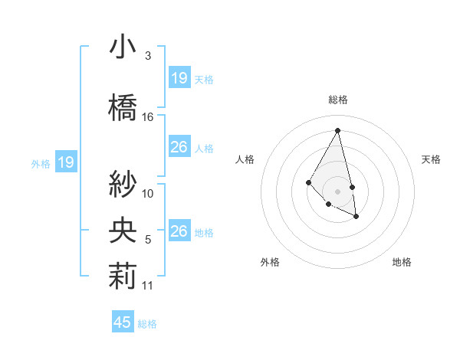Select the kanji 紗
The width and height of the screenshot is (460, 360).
coord(122,184)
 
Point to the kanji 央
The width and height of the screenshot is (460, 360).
coord(122,231)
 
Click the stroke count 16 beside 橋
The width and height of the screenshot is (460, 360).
coord(148,117)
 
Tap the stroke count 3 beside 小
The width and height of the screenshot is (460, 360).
coord(148,56)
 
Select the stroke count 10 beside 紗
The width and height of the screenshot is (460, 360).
coord(148,194)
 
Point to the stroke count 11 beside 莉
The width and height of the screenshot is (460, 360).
coord(148,286)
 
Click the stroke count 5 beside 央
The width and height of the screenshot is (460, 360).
coord(148,240)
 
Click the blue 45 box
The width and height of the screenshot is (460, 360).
coord(123,322)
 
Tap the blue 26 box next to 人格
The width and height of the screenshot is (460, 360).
coord(179,147)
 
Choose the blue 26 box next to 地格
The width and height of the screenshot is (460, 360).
coord(179,231)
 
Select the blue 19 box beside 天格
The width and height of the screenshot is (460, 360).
coord(179,78)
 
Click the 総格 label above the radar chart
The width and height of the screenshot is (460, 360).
coord(337,100)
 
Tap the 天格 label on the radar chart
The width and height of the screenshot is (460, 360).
coord(431,159)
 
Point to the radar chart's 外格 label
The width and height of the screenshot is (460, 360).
coord(270,262)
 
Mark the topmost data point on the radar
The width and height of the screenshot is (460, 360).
coord(337,130)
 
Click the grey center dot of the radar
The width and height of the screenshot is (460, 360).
coord(337,191)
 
